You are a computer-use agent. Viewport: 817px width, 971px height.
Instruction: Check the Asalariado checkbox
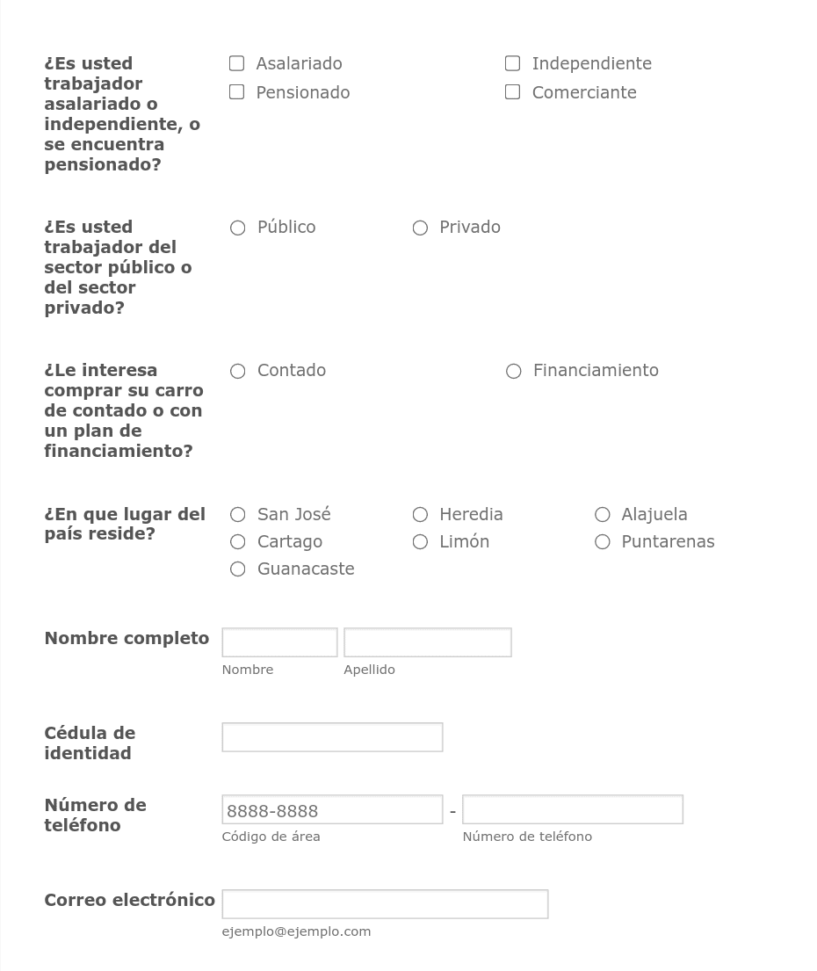coord(236,63)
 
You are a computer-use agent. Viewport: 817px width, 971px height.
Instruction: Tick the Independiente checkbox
coord(512,63)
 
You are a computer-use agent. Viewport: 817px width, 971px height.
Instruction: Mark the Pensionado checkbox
coord(236,92)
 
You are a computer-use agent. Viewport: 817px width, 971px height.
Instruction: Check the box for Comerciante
coord(512,92)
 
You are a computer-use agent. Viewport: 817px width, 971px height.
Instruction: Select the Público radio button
coord(237,228)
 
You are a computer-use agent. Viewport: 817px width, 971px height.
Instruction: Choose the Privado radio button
coord(420,228)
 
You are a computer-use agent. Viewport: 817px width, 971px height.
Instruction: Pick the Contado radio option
coord(237,371)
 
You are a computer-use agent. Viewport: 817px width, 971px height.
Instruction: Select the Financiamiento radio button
coord(514,371)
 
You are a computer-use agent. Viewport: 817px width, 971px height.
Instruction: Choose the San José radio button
coord(237,514)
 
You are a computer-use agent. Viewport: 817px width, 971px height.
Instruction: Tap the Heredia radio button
coord(420,514)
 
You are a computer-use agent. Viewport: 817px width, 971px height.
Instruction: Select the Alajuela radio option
coord(602,514)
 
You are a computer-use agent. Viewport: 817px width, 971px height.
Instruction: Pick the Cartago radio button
coord(237,541)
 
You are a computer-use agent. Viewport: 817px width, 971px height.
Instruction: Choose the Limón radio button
coord(420,541)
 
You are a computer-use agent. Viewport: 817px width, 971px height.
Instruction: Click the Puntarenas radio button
coord(602,541)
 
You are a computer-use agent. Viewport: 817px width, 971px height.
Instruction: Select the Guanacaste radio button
coord(237,569)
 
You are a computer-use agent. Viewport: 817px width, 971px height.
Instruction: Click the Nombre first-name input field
coord(279,642)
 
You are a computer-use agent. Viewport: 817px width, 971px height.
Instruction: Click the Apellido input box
coord(427,642)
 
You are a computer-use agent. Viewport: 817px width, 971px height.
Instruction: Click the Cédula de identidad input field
coord(332,737)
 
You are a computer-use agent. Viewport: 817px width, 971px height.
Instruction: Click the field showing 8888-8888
coord(332,809)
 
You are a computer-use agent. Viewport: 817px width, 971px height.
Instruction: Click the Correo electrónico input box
coord(385,904)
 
